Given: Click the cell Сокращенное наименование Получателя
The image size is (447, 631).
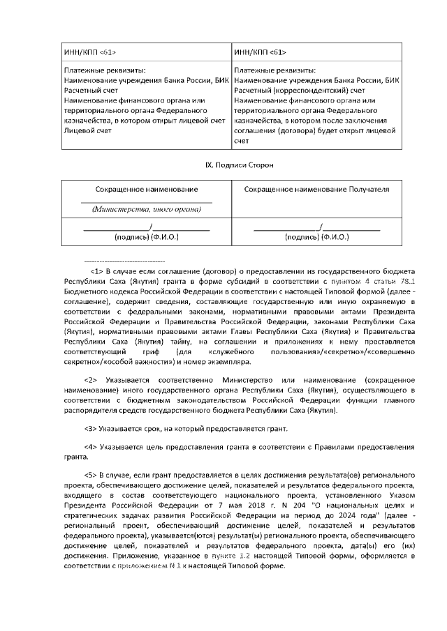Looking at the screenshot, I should point(316,189).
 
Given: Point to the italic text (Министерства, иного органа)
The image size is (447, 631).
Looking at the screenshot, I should point(147,209).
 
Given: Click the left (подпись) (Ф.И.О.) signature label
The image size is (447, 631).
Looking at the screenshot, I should point(147,237).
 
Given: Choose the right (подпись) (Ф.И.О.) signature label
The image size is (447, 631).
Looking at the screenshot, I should point(316,237).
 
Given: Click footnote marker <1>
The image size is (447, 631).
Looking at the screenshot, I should point(97,269).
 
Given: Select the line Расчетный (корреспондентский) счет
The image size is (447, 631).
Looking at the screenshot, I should point(300,91).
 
